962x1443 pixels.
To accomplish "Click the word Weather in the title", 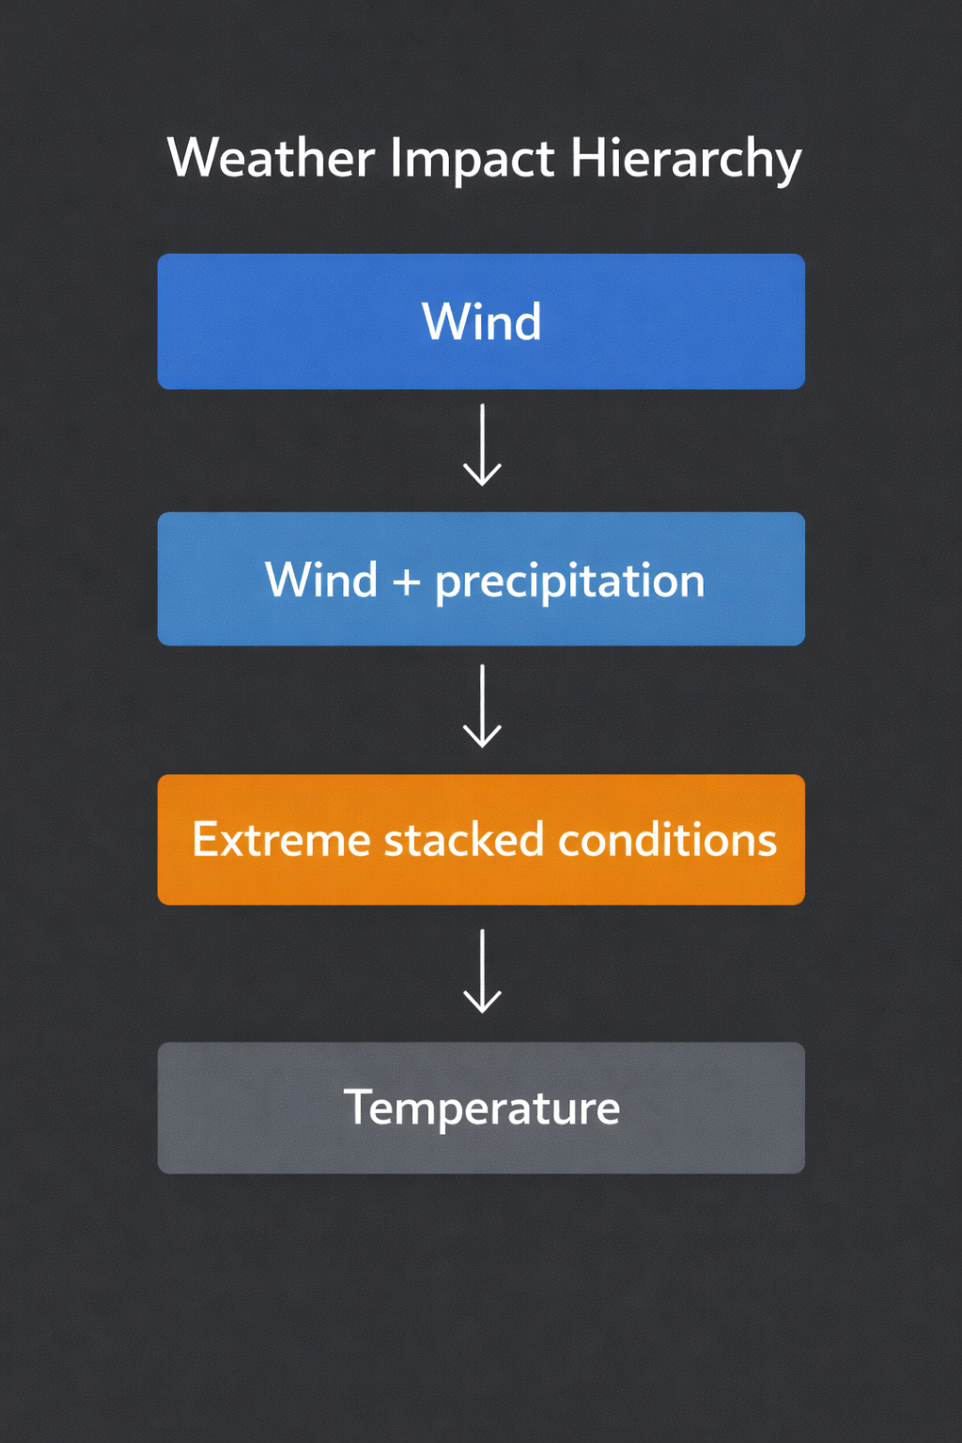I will pos(271,158).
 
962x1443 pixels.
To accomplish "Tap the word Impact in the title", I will pos(472,158).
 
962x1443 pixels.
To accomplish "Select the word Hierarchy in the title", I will pos(686,158).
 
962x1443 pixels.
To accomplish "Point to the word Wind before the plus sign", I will pos(320,580).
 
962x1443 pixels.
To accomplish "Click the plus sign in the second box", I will pos(406,582).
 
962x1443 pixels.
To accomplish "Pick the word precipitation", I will pos(569,582).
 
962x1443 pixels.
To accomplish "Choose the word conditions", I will pos(667,839).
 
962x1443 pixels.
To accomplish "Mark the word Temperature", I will pos(481,1108).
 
